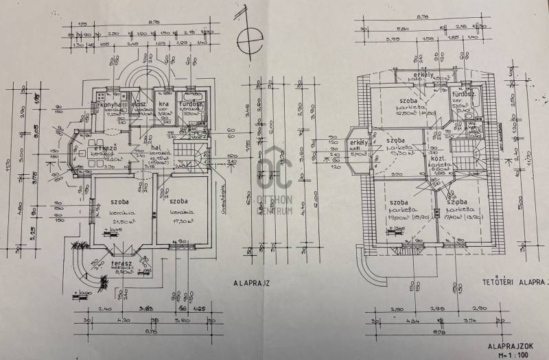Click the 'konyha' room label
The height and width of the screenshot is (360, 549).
110,104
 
